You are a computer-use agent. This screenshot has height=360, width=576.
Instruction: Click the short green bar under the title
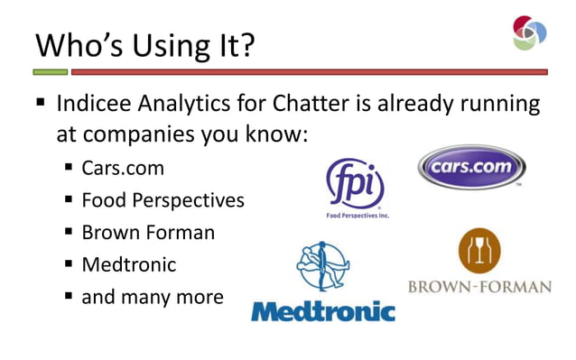point(51,71)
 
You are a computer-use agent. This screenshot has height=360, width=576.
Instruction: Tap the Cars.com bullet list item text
point(123,168)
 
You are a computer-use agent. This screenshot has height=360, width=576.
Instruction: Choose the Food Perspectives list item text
point(163,200)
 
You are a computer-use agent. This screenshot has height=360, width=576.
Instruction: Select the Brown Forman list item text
point(148,232)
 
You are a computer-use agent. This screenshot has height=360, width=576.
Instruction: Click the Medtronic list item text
point(128,264)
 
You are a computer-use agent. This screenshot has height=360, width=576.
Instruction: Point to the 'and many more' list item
point(152,296)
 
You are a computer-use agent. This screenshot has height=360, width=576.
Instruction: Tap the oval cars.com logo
point(471,168)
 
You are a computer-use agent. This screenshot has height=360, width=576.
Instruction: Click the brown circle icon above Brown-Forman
point(478,251)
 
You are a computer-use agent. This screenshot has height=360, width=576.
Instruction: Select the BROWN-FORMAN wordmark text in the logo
point(479,288)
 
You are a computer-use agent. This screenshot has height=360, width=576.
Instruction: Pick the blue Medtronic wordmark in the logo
point(322,312)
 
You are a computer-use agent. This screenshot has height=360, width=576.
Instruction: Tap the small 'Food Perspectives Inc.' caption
point(358,217)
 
